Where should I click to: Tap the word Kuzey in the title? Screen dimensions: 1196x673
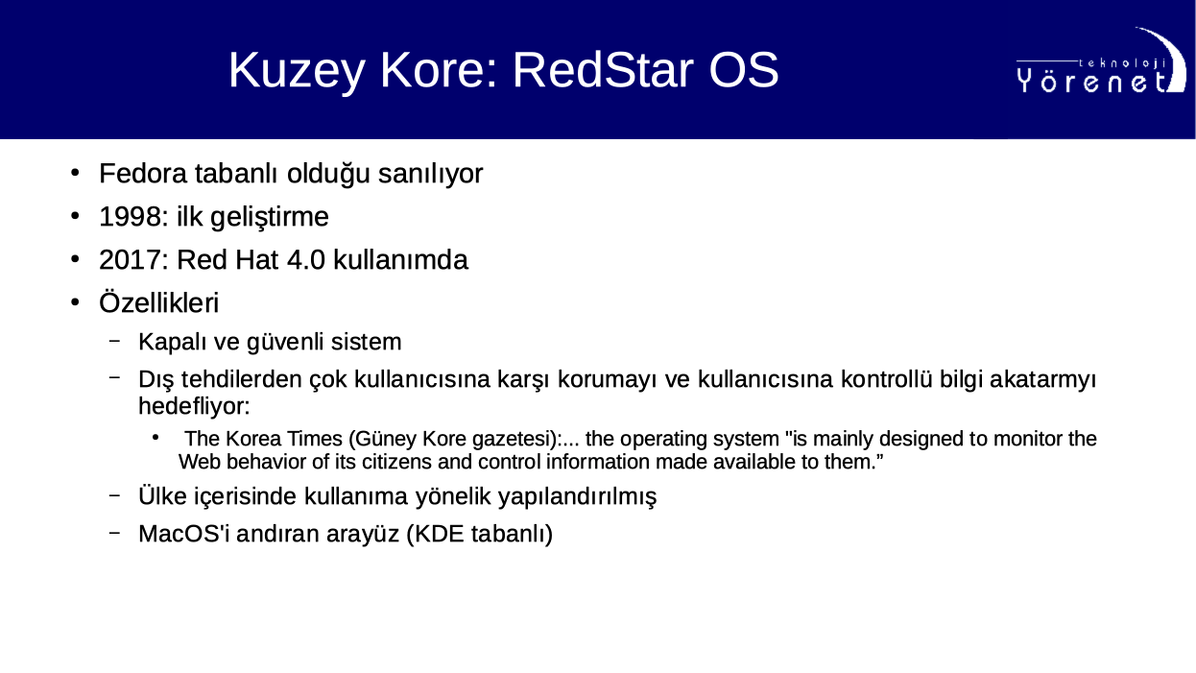pyautogui.click(x=297, y=73)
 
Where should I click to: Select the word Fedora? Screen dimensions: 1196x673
pyautogui.click(x=143, y=174)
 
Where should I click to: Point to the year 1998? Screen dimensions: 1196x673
pyautogui.click(x=131, y=217)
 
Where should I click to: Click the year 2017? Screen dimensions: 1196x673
pyautogui.click(x=131, y=260)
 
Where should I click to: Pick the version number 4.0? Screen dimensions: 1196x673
pyautogui.click(x=306, y=260)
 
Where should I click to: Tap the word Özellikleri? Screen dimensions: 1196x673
pyautogui.click(x=159, y=302)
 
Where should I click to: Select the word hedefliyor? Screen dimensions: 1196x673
pyautogui.click(x=194, y=406)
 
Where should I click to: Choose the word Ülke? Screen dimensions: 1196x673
pyautogui.click(x=163, y=495)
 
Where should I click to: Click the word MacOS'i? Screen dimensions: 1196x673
pyautogui.click(x=184, y=534)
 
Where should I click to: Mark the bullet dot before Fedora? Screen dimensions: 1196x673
pyautogui.click(x=75, y=173)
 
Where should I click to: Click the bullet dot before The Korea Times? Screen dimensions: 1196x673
pyautogui.click(x=155, y=438)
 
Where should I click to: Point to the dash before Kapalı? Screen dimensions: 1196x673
pyautogui.click(x=114, y=340)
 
